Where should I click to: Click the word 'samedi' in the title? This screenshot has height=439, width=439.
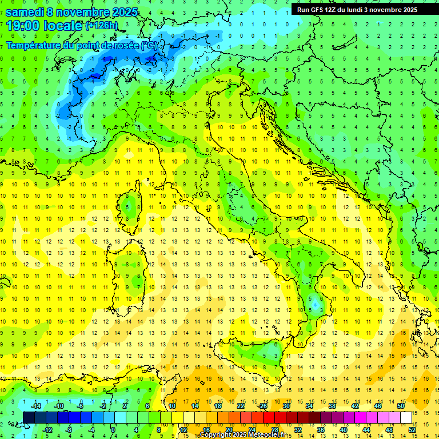coord(25,11)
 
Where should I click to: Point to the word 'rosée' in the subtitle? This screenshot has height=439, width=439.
coord(125,45)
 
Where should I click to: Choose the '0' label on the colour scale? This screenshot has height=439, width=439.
coord(113,430)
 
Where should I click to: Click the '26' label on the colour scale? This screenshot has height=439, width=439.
coord(263,406)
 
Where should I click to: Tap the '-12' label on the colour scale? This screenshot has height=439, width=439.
coord(47,430)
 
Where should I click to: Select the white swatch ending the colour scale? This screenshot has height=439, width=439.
coord(406,417)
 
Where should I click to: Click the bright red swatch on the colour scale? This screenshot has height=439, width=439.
coord(269,417)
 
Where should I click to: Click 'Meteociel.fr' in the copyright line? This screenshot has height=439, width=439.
coord(264,435)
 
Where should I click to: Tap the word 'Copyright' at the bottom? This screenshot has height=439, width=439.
coord(215,435)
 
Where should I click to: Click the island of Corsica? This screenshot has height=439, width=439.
coord(133,203)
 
